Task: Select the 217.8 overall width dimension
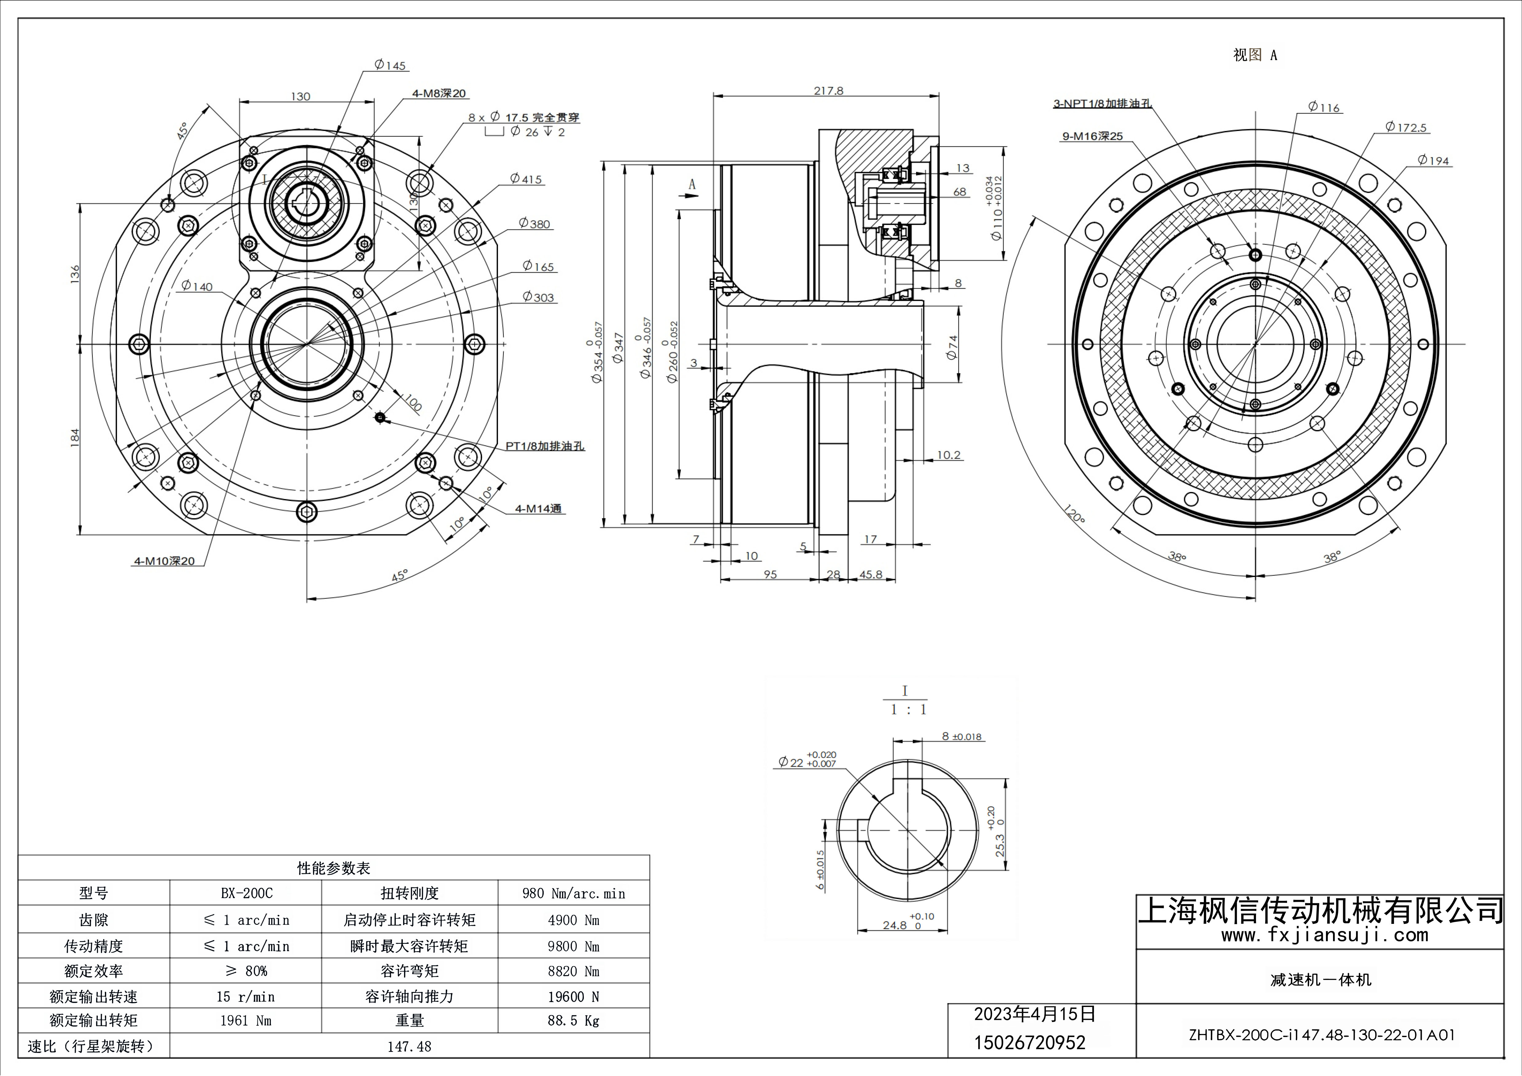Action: [829, 91]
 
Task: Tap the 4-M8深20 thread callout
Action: [439, 94]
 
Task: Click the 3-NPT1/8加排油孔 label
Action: [1102, 103]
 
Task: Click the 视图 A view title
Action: [1254, 55]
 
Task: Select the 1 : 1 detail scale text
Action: [908, 709]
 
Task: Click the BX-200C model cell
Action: [247, 893]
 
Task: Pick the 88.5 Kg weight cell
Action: [573, 1020]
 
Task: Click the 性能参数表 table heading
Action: [333, 868]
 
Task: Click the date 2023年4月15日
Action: [1034, 1014]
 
